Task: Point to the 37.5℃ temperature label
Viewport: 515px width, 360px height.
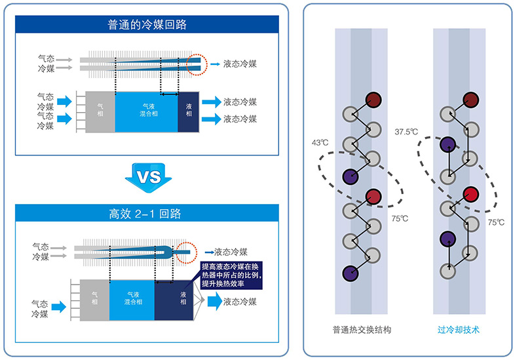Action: [406, 131]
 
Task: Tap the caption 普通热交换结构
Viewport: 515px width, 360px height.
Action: [357, 330]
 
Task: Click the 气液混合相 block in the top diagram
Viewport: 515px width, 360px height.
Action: [146, 111]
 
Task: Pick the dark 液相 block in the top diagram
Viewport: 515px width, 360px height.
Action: [189, 111]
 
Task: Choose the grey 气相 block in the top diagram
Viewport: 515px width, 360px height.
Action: [100, 111]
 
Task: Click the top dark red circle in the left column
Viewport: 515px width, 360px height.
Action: [373, 99]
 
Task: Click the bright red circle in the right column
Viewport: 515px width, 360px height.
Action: [469, 193]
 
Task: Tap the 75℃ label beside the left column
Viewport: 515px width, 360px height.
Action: [398, 218]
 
